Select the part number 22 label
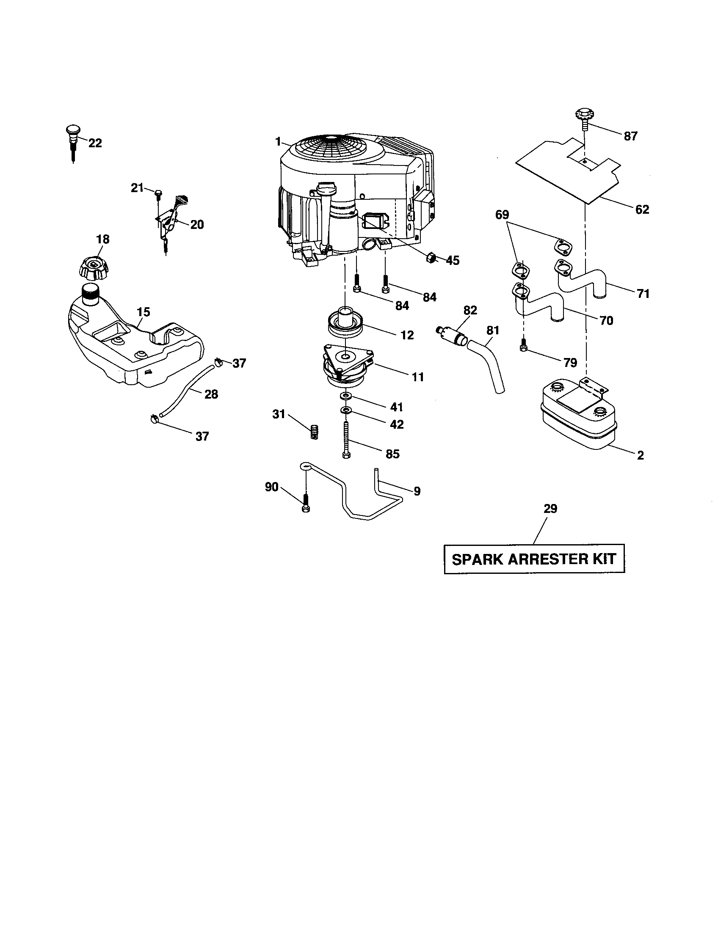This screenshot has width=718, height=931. point(95,143)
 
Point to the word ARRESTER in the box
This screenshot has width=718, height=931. point(548,559)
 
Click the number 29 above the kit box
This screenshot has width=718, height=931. point(550,509)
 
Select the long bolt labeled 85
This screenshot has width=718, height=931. point(346,439)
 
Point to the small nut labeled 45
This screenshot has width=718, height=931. point(430,257)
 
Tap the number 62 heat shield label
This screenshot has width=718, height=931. point(642,209)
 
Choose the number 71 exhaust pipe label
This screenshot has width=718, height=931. point(643,294)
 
